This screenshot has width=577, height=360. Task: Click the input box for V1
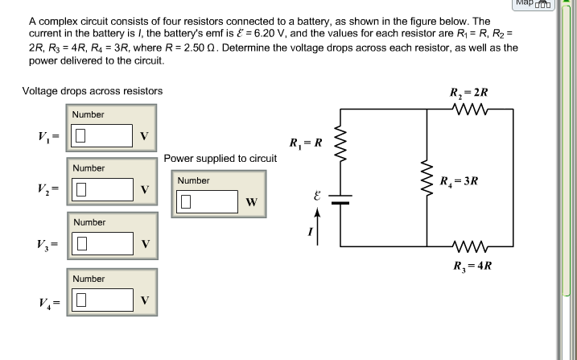102,135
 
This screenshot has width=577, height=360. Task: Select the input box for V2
102,189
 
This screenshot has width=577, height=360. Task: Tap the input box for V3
102,242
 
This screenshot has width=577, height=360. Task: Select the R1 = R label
306,144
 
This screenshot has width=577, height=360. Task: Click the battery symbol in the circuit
340,199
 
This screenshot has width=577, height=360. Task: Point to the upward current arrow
318,225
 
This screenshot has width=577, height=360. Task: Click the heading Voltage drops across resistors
93,91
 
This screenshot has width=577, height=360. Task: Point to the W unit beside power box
252,202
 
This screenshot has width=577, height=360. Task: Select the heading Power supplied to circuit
220,159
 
